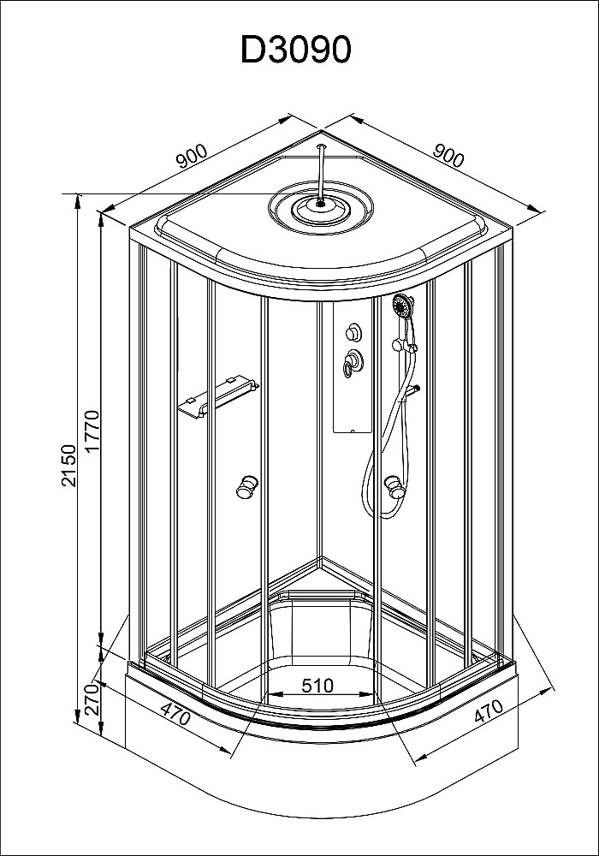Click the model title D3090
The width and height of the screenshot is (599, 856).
pyautogui.click(x=296, y=51)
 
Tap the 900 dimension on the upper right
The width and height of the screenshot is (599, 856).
pyautogui.click(x=448, y=157)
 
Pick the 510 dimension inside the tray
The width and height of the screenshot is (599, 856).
pyautogui.click(x=317, y=685)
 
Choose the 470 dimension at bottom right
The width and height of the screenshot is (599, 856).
pyautogui.click(x=487, y=714)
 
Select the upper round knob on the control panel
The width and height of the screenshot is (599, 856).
pyautogui.click(x=353, y=333)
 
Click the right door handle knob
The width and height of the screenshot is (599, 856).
pyautogui.click(x=394, y=487)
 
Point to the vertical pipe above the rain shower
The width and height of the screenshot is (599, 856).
pyautogui.click(x=321, y=170)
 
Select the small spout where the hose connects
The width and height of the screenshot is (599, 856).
pyautogui.click(x=414, y=392)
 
